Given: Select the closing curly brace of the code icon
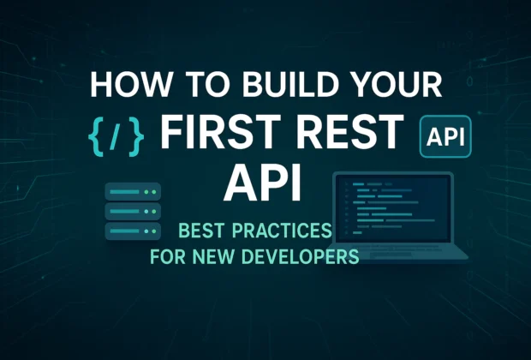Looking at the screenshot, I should pos(136,135).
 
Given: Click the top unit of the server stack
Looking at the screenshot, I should pos(132,190).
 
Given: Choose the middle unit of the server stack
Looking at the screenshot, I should pos(132,210).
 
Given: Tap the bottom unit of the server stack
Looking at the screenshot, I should pos(132,230).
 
